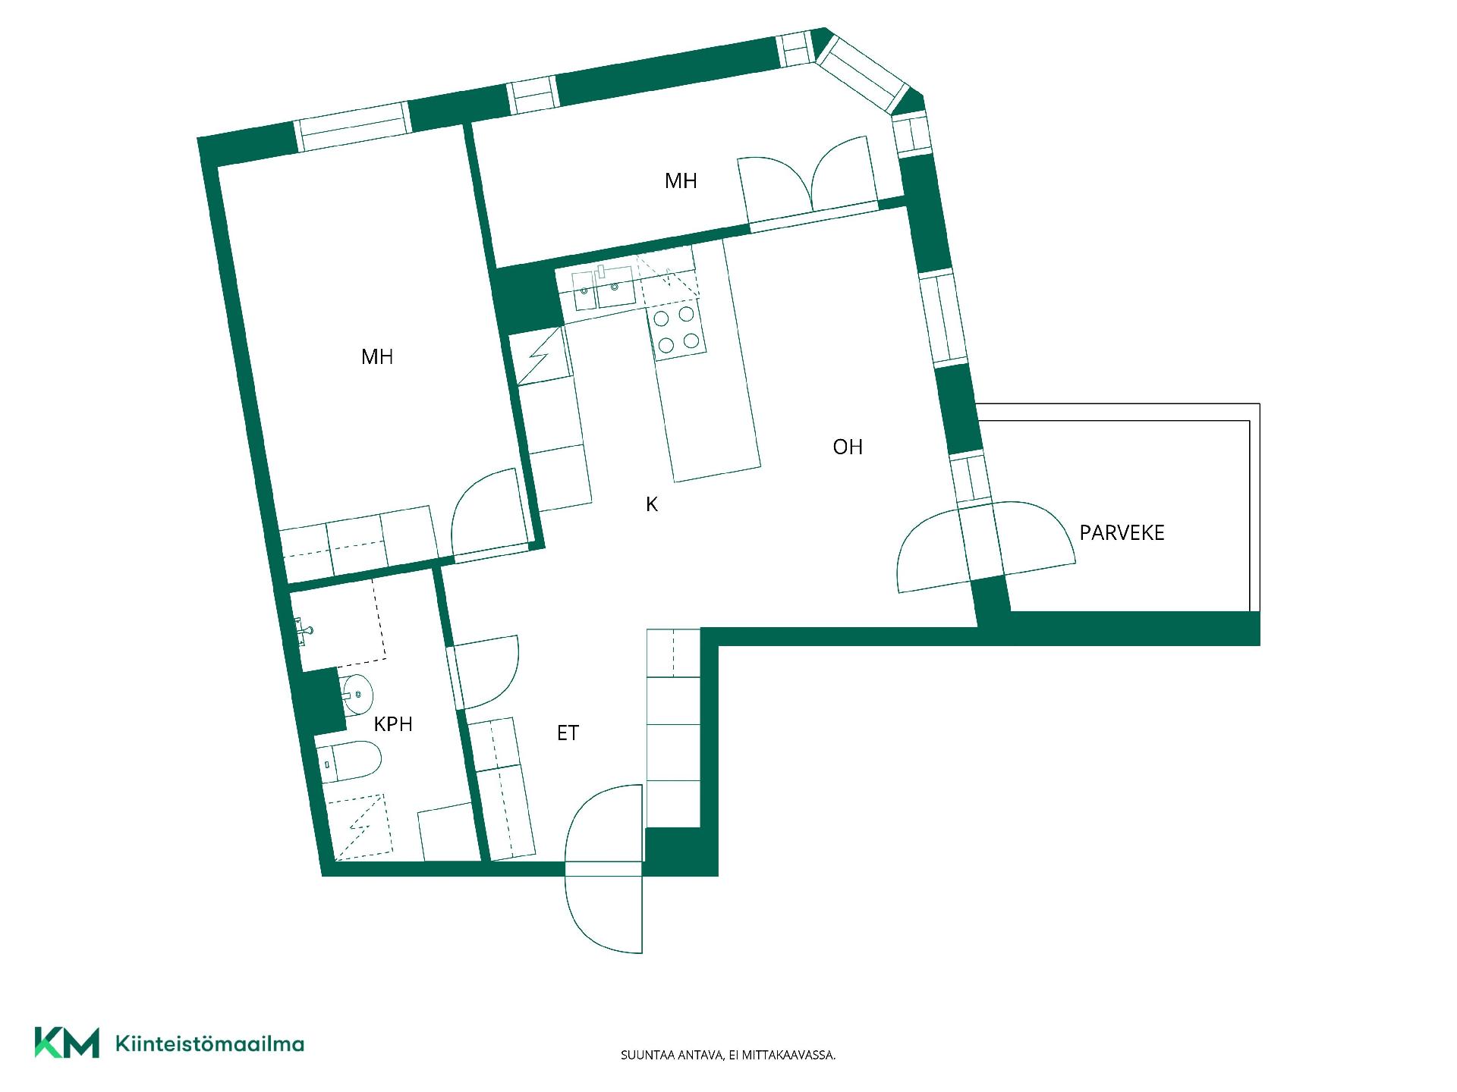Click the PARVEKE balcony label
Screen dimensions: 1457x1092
(1122, 532)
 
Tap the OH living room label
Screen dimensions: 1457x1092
(848, 447)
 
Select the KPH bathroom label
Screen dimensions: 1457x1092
(393, 724)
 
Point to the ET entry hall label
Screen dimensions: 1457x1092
(568, 733)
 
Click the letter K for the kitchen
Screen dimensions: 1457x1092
(652, 504)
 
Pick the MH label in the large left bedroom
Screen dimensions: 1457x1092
(377, 356)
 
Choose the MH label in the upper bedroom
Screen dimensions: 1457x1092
(681, 180)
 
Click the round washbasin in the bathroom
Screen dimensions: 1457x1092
(357, 693)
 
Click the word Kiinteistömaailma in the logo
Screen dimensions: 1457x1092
(209, 1043)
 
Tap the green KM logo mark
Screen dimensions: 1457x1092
(67, 1043)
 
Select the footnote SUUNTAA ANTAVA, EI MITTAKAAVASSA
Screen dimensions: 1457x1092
(728, 1055)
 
